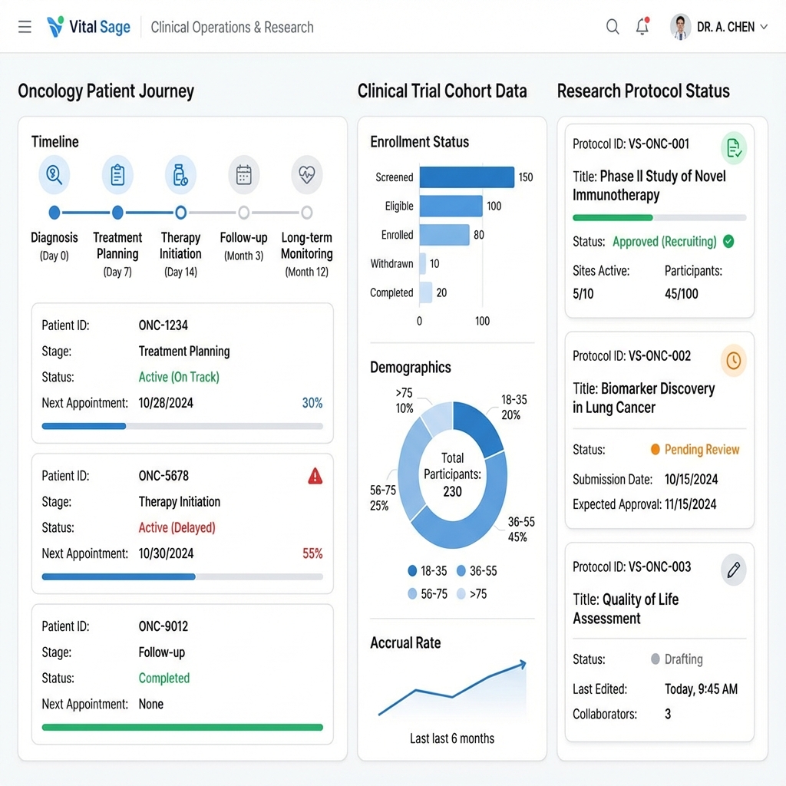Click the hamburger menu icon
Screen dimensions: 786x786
coord(25,28)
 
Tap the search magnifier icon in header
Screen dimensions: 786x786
coord(613,27)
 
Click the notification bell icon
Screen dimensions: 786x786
coord(642,27)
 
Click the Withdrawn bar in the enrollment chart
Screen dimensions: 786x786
coord(422,264)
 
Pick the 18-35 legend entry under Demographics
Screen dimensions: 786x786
coord(428,571)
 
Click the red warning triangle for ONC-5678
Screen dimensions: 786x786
coord(315,477)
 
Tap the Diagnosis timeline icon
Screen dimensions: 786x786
coord(54,175)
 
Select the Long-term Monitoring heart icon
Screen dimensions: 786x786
coord(306,175)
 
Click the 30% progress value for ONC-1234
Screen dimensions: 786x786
coord(312,403)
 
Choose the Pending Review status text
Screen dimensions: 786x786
coord(702,450)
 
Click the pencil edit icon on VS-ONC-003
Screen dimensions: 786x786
coord(733,570)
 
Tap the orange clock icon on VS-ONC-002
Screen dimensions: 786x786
coord(733,360)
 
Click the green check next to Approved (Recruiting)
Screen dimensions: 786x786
coord(728,242)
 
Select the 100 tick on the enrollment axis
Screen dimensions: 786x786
coord(482,321)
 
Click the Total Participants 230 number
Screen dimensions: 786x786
coord(452,491)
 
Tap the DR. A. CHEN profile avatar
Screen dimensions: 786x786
coord(680,27)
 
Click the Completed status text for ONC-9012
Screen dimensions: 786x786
coord(163,679)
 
